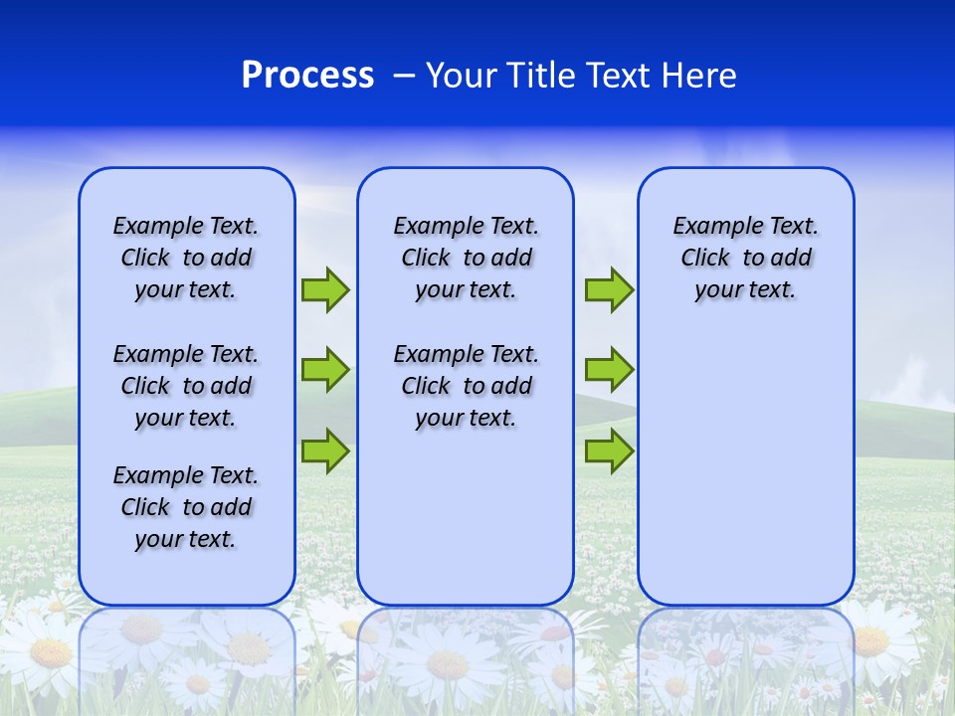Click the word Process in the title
tap(307, 76)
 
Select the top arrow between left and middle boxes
tap(325, 289)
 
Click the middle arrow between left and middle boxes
tap(325, 370)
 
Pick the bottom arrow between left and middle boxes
tap(325, 450)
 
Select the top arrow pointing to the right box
tap(609, 289)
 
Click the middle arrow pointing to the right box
tap(609, 370)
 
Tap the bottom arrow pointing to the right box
tap(609, 450)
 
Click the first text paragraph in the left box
tap(186, 258)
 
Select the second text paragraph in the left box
tap(186, 386)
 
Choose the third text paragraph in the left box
tap(186, 507)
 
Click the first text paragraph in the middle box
tap(466, 258)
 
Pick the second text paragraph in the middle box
tap(466, 386)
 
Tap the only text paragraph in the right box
tap(746, 258)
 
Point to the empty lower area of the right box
tap(746, 467)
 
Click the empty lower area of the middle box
tap(466, 517)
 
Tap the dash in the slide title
tap(404, 76)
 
